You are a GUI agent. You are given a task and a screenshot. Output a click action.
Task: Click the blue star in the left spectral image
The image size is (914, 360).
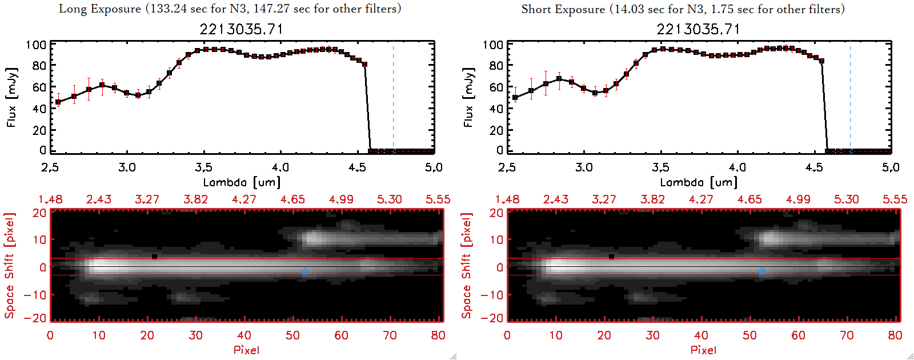[x=304, y=271]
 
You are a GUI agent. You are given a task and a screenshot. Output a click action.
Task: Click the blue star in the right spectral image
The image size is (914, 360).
[x=761, y=271]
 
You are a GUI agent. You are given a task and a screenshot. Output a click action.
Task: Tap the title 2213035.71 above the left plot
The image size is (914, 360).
[x=241, y=29]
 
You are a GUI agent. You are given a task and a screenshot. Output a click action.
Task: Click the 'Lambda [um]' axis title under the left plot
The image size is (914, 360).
[x=242, y=182]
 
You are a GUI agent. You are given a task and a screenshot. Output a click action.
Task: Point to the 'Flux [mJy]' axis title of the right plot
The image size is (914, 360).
[x=468, y=97]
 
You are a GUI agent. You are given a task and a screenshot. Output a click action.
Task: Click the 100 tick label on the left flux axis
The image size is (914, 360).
[x=36, y=45]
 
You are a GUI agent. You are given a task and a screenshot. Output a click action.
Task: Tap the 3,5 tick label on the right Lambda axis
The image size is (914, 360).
[x=660, y=167]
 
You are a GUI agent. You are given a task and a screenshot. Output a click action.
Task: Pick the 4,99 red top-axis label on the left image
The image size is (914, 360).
[x=341, y=199]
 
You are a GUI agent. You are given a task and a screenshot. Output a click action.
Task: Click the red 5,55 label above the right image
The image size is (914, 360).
[x=895, y=199]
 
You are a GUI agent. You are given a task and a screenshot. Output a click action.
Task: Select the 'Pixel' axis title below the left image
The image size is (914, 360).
[x=246, y=350]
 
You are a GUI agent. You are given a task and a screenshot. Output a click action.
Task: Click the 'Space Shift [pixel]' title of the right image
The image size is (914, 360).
[x=466, y=266]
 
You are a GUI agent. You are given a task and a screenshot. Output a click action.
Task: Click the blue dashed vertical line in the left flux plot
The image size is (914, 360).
[x=393, y=97]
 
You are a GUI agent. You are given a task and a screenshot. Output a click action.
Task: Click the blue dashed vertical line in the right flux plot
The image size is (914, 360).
[x=850, y=97]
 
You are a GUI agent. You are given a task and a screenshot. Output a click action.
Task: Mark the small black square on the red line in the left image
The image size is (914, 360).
[x=155, y=257]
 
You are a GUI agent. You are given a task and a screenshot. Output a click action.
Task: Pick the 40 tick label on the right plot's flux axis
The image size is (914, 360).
[x=496, y=109]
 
